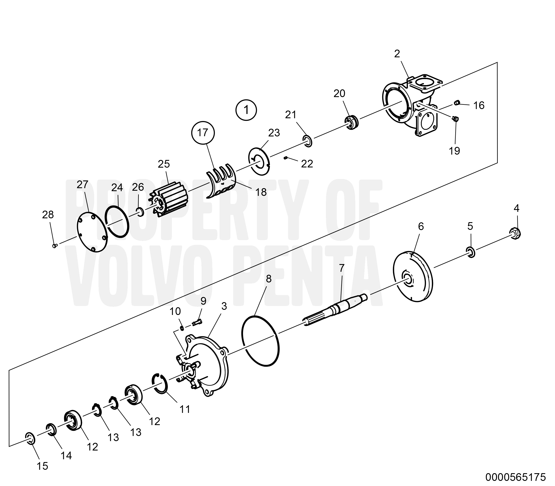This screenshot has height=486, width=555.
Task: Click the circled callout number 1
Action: [x=246, y=110]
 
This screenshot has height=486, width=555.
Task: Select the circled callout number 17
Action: [x=203, y=133]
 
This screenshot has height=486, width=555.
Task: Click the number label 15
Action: [x=42, y=466]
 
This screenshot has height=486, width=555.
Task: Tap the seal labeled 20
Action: [x=352, y=122]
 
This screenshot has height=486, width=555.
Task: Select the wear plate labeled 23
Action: [x=259, y=162]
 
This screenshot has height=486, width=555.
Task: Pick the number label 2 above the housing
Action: [x=397, y=54]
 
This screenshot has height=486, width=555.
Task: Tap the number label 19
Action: [x=454, y=151]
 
